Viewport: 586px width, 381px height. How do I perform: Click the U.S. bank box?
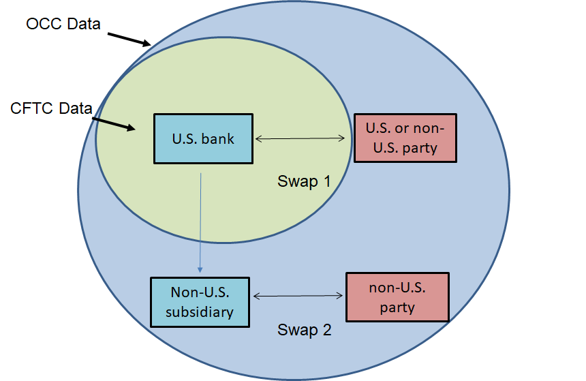tap(204, 138)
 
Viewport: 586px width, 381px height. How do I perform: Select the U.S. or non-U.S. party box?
tap(405, 138)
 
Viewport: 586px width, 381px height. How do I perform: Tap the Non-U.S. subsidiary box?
tap(200, 302)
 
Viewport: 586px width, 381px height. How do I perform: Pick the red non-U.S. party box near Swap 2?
tap(397, 297)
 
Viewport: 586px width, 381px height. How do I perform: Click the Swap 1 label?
tap(304, 181)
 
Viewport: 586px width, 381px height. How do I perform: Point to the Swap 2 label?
tap(304, 331)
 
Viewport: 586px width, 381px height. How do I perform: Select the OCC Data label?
tap(63, 25)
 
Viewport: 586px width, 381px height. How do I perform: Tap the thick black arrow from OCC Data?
tap(129, 38)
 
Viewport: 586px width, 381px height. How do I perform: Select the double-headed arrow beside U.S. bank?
tap(300, 139)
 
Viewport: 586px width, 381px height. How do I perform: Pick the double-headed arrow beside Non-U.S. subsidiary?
tap(297, 296)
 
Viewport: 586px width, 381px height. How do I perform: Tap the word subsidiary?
tap(200, 312)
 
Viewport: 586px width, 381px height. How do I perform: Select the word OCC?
tap(43, 25)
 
